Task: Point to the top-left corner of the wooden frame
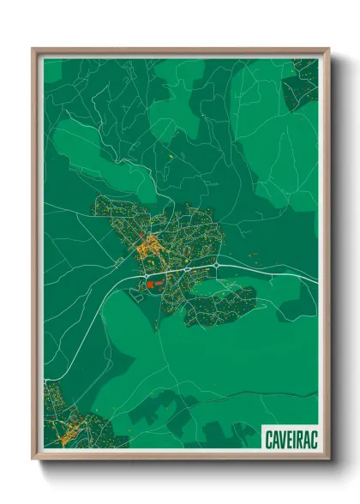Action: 33,49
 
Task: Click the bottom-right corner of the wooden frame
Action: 329,459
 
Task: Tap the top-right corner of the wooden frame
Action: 329,49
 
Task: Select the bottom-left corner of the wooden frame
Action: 33,459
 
